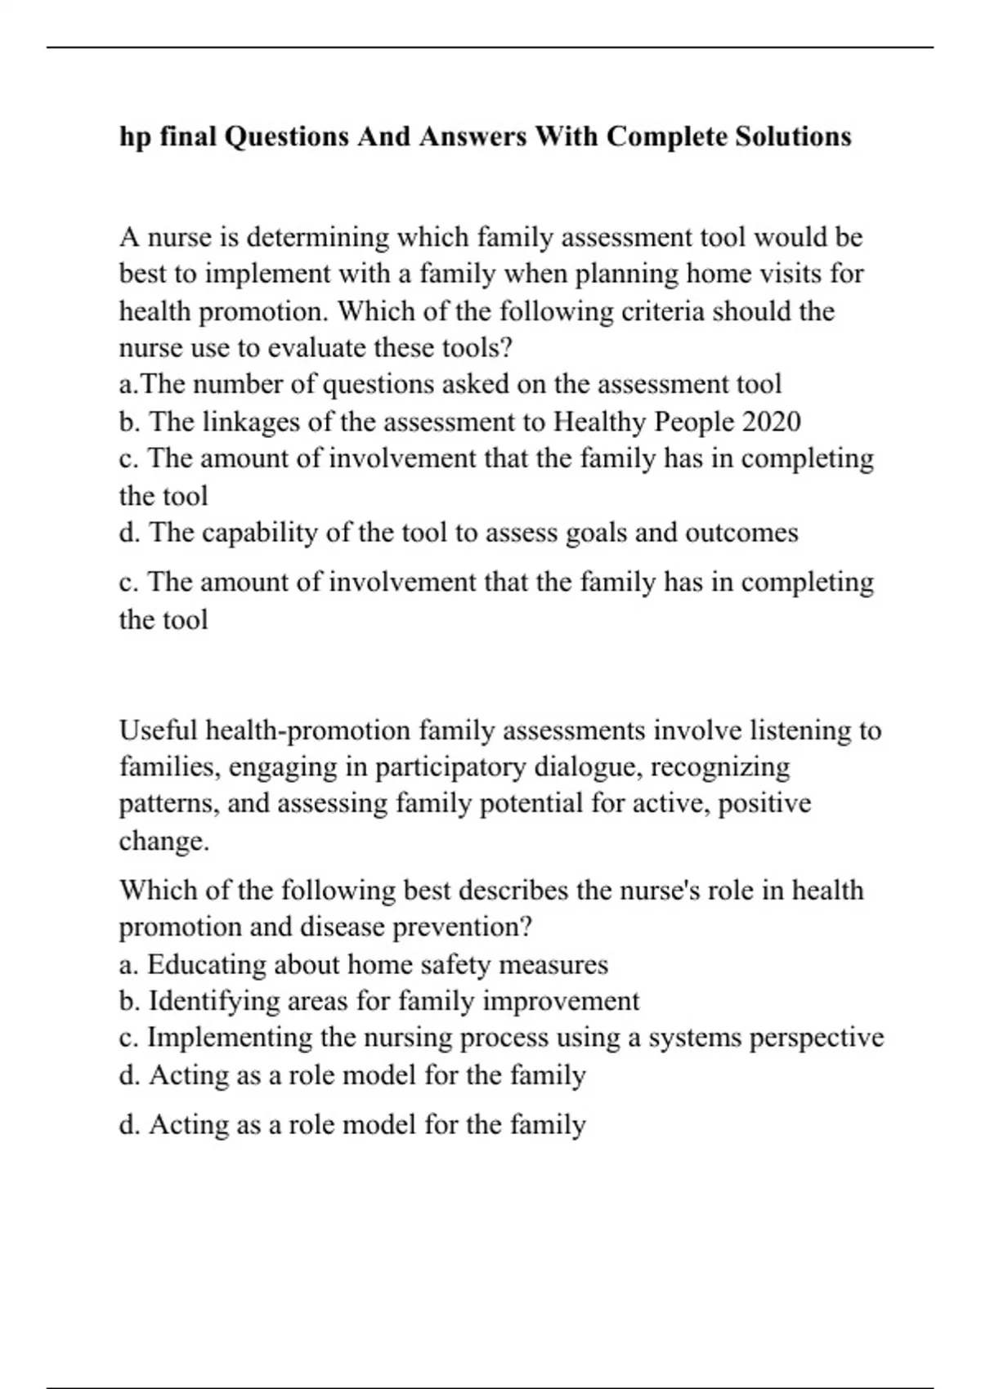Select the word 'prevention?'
pyautogui.click(x=463, y=927)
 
